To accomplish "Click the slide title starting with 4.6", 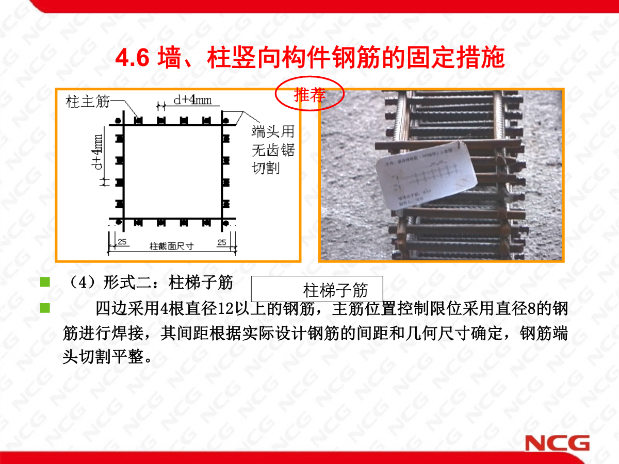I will click(x=309, y=59).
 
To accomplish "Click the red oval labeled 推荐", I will click(x=309, y=95).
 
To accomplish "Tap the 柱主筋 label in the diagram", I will click(x=88, y=102).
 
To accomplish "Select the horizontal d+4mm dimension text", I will click(x=192, y=100).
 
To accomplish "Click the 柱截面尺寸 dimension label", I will click(x=171, y=246).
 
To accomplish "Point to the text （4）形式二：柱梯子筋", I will click(x=150, y=283).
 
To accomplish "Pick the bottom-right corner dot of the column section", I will click(x=225, y=223).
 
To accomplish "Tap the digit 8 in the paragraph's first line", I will click(x=532, y=309).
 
